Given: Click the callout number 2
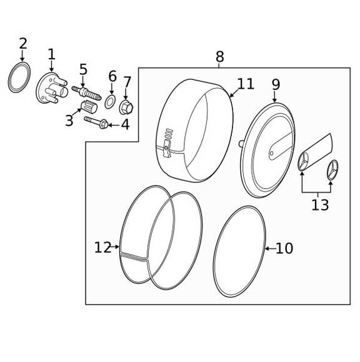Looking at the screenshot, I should click(x=23, y=44).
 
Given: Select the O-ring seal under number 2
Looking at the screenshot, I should click(x=19, y=77).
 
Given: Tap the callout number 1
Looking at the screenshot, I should click(x=51, y=54).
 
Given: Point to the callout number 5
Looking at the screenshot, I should click(x=83, y=69).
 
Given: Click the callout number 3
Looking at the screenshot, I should click(x=69, y=120).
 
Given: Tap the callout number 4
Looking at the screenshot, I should click(x=125, y=124).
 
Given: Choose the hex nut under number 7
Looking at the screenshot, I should click(x=126, y=106).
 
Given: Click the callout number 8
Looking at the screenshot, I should click(x=219, y=57).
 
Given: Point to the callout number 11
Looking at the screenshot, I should click(x=246, y=84).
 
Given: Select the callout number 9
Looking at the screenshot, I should click(x=276, y=85).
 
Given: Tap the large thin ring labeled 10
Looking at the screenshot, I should click(x=239, y=252).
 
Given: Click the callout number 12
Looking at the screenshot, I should click(x=102, y=248).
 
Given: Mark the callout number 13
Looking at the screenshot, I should click(x=319, y=205).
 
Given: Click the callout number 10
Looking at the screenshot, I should click(x=284, y=248).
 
